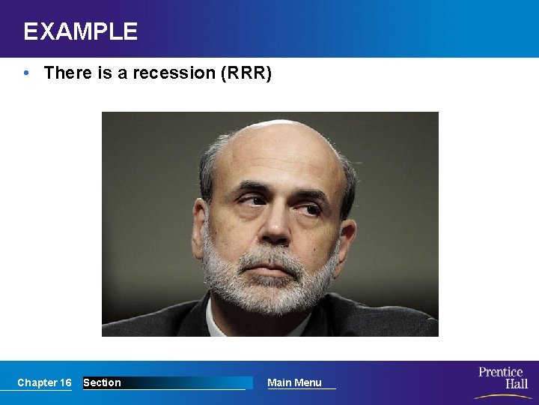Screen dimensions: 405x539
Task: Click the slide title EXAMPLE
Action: [80, 31]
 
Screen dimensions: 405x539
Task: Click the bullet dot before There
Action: [27, 73]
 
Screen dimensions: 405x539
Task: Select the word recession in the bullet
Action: [168, 73]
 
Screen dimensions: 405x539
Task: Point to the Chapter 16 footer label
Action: [44, 382]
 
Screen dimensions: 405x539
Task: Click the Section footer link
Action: [102, 382]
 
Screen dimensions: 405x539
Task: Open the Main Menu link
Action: [294, 382]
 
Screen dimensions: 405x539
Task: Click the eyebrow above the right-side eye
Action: [309, 189]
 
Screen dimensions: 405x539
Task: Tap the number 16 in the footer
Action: [65, 382]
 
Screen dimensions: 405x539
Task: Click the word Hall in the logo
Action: [516, 384]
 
